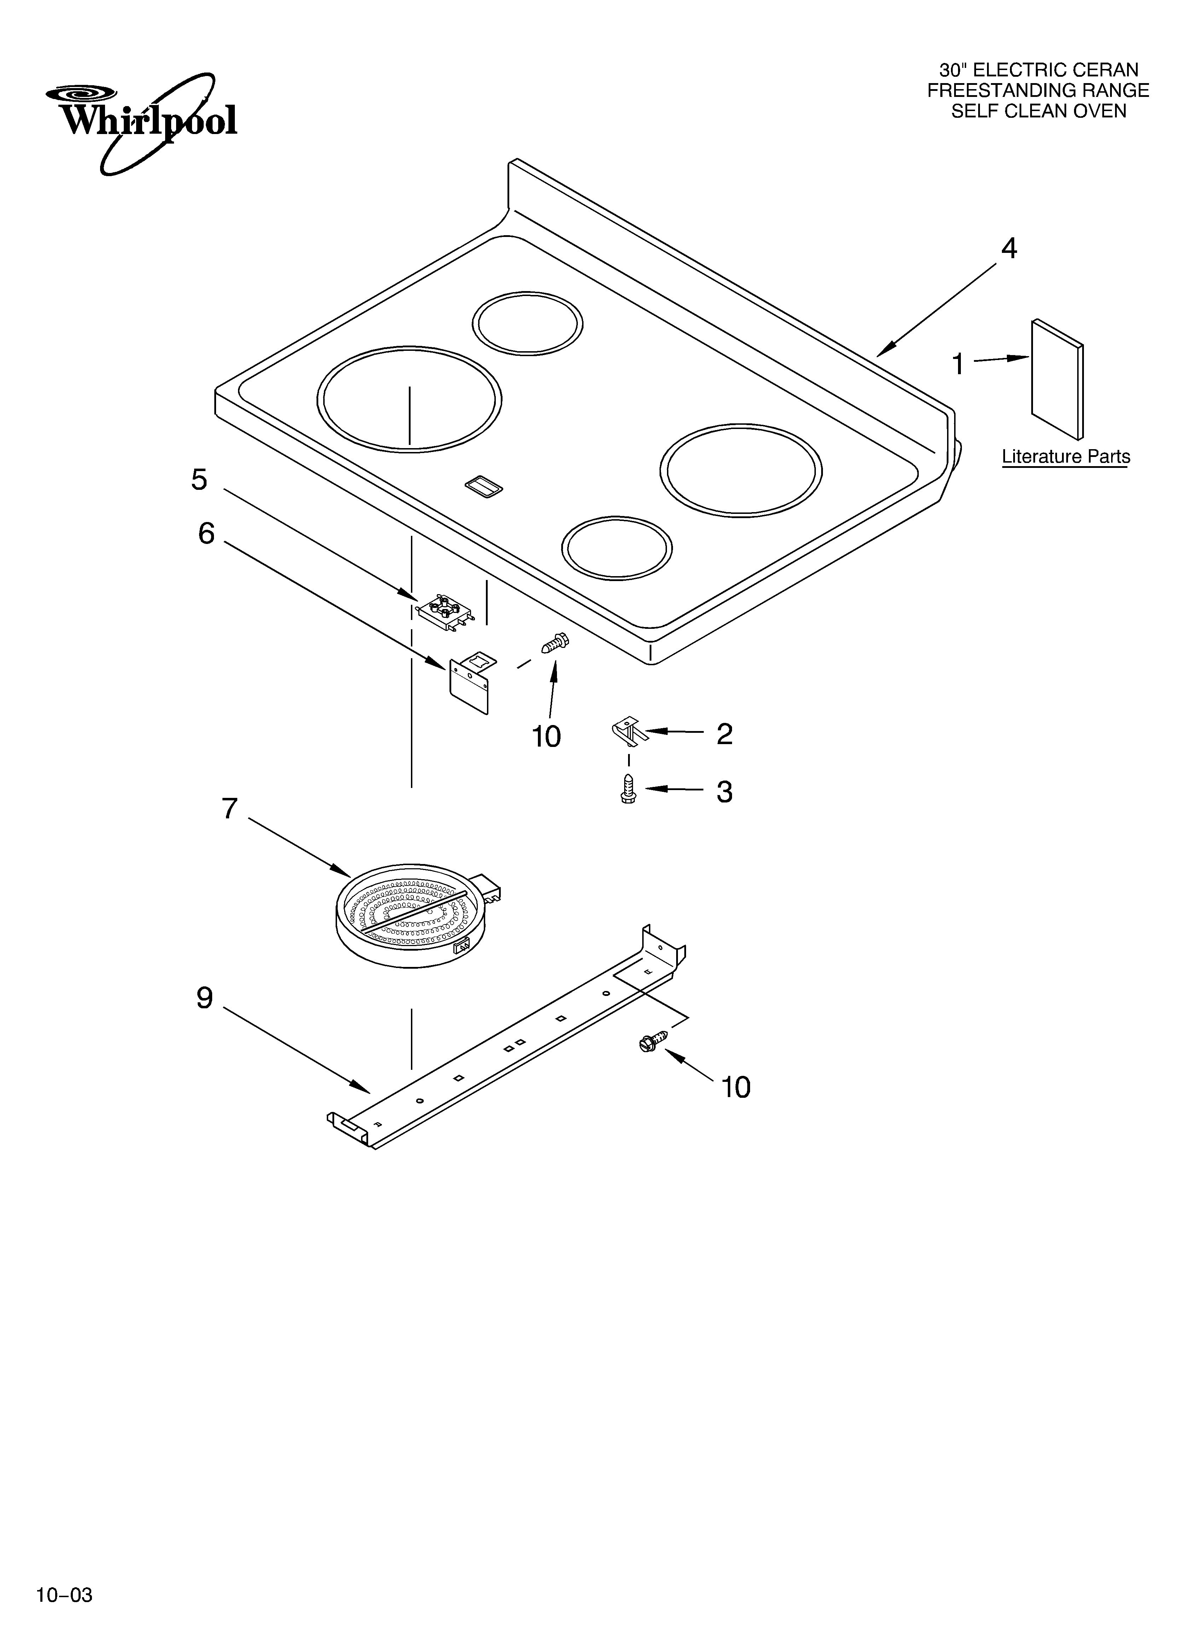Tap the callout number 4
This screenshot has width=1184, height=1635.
[x=1009, y=249]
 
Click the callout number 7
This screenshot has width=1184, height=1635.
[x=229, y=809]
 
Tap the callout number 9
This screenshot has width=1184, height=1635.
[x=205, y=998]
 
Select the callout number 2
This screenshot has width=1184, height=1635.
[x=725, y=734]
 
